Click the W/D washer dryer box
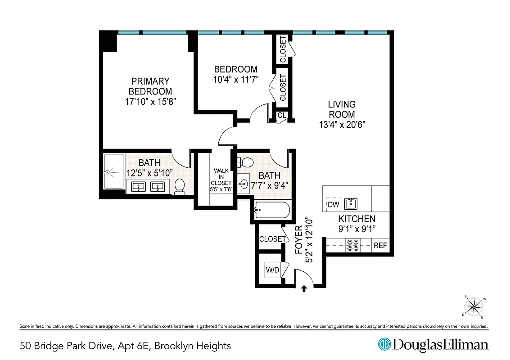(x=273, y=270)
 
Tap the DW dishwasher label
(x=333, y=204)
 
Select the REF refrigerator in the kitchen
(x=380, y=246)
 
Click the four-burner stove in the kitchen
(x=352, y=246)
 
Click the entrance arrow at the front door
(x=304, y=289)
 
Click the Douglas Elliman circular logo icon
(x=384, y=345)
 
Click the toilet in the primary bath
(x=180, y=186)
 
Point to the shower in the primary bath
(x=113, y=171)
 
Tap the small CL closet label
(x=282, y=116)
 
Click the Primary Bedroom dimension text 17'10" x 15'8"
(x=150, y=102)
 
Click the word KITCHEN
(x=357, y=219)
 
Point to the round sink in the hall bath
(x=244, y=184)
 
